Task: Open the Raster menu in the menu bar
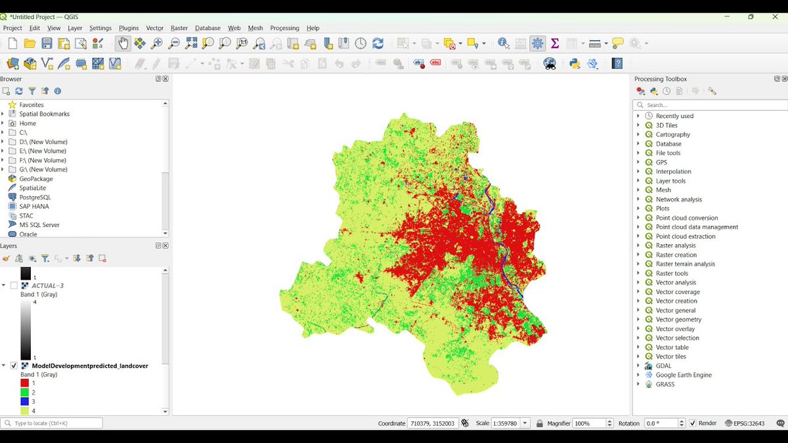[179, 28]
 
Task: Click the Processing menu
[284, 28]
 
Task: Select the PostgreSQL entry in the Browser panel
[35, 197]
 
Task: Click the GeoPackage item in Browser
[36, 179]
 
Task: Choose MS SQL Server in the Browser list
[39, 224]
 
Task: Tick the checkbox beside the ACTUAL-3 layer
[14, 285]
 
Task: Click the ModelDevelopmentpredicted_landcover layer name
[90, 366]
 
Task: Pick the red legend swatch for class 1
[25, 383]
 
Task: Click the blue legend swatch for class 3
[25, 401]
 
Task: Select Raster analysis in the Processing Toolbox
[676, 245]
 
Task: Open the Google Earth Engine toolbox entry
[684, 375]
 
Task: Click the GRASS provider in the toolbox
[665, 384]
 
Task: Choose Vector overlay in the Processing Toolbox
[675, 329]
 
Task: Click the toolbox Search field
[712, 105]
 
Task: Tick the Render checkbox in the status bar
[693, 423]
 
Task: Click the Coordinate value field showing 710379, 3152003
[432, 423]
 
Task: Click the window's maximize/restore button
[751, 16]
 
